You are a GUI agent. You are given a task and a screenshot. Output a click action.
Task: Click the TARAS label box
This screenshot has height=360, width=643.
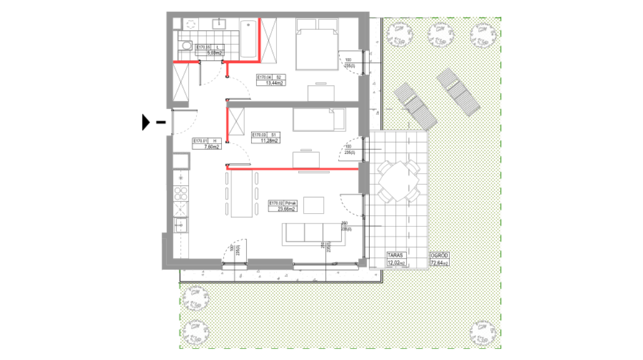(x=396, y=259)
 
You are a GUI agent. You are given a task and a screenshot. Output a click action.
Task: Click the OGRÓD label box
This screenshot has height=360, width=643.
(x=439, y=259)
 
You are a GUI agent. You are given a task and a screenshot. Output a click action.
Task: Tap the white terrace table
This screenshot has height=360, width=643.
(x=398, y=181)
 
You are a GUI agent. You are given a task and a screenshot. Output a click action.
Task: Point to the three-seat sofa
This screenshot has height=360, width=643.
(x=314, y=233)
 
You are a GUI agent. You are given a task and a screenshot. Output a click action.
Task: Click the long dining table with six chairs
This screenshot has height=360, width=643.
(x=241, y=193)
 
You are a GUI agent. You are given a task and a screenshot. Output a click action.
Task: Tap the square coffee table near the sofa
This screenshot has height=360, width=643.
(x=314, y=205)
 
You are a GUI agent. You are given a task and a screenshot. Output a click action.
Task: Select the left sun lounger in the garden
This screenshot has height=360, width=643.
(x=415, y=106)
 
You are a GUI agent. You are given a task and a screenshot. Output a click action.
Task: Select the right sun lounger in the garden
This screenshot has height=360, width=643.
(x=458, y=91)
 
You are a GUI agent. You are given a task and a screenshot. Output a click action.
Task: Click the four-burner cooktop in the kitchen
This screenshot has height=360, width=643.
(x=181, y=193)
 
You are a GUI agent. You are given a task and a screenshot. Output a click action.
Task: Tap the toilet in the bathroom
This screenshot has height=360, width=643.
(x=186, y=46)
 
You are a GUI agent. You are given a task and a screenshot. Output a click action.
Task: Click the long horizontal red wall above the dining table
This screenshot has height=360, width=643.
(x=293, y=169)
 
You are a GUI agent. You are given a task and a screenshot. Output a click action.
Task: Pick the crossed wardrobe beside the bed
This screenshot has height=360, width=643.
(x=269, y=41)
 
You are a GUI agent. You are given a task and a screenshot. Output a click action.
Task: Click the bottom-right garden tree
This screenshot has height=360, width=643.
(x=482, y=332)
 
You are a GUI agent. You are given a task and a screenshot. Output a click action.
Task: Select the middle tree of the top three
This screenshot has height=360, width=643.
(x=440, y=34)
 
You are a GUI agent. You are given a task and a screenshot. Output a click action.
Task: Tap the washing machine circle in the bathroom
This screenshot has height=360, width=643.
(x=191, y=24)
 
